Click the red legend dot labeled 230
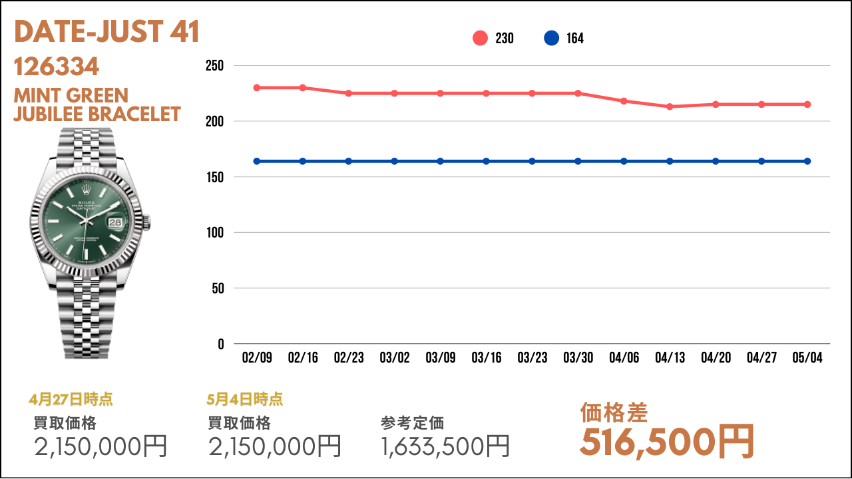480,38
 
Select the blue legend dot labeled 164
551,38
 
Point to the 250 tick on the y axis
214,65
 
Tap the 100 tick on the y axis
215,232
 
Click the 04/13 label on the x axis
670,357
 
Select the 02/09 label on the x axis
257,357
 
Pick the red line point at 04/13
670,107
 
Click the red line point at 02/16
303,88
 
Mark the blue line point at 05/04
807,161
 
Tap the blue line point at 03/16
486,161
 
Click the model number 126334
57,67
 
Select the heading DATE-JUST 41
106,31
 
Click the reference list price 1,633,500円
445,446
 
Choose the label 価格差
614,412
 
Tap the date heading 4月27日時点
71,399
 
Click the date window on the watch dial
115,222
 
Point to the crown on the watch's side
147,223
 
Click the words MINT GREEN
71,95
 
